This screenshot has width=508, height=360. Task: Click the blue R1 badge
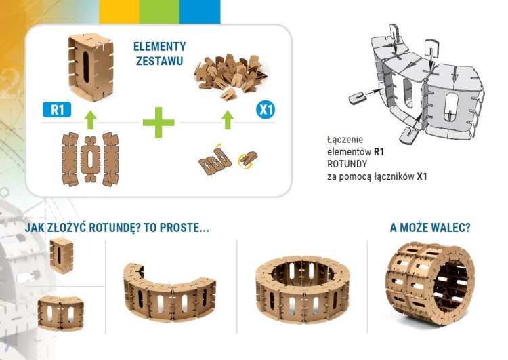(x=57, y=110)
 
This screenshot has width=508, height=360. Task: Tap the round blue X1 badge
(x=266, y=110)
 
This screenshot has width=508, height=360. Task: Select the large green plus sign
(x=158, y=123)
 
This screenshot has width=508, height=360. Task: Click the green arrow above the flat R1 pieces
(x=91, y=120)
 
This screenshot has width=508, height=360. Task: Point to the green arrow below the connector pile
(x=228, y=120)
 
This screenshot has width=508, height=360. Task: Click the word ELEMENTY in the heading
(x=160, y=47)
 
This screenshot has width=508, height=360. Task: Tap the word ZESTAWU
(x=160, y=61)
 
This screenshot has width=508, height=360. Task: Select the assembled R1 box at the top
(x=91, y=66)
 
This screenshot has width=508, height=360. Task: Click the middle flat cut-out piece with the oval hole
(x=90, y=159)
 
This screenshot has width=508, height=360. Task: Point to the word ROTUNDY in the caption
(x=347, y=164)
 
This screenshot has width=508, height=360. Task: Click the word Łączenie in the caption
(x=345, y=140)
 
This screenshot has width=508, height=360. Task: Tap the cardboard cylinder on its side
(x=431, y=283)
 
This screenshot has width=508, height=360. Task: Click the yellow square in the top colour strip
(x=119, y=12)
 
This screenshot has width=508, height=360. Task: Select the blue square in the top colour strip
(x=200, y=12)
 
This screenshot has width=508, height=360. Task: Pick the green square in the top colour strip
(x=159, y=12)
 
